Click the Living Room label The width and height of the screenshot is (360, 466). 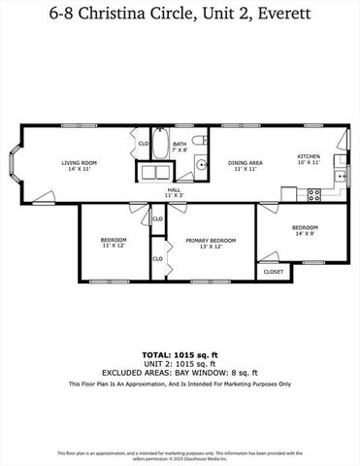(x=77, y=162)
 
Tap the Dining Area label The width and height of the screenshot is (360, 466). (x=245, y=162)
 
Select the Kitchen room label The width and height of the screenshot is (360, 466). (x=308, y=155)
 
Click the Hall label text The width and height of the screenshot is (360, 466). (x=173, y=190)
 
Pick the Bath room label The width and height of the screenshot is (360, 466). (x=179, y=144)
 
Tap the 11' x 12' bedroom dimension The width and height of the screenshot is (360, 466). (x=114, y=245)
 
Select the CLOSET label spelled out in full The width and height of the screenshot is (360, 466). (x=276, y=273)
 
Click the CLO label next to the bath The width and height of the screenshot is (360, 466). (x=143, y=143)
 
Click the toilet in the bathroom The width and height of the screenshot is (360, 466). (x=199, y=142)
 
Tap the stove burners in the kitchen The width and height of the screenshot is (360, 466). (x=314, y=193)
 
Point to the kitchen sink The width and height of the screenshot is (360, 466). (x=341, y=178)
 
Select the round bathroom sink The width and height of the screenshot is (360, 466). (x=201, y=165)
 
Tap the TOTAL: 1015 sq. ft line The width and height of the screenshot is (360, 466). (x=180, y=355)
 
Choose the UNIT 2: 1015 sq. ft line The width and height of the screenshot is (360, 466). (x=180, y=364)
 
